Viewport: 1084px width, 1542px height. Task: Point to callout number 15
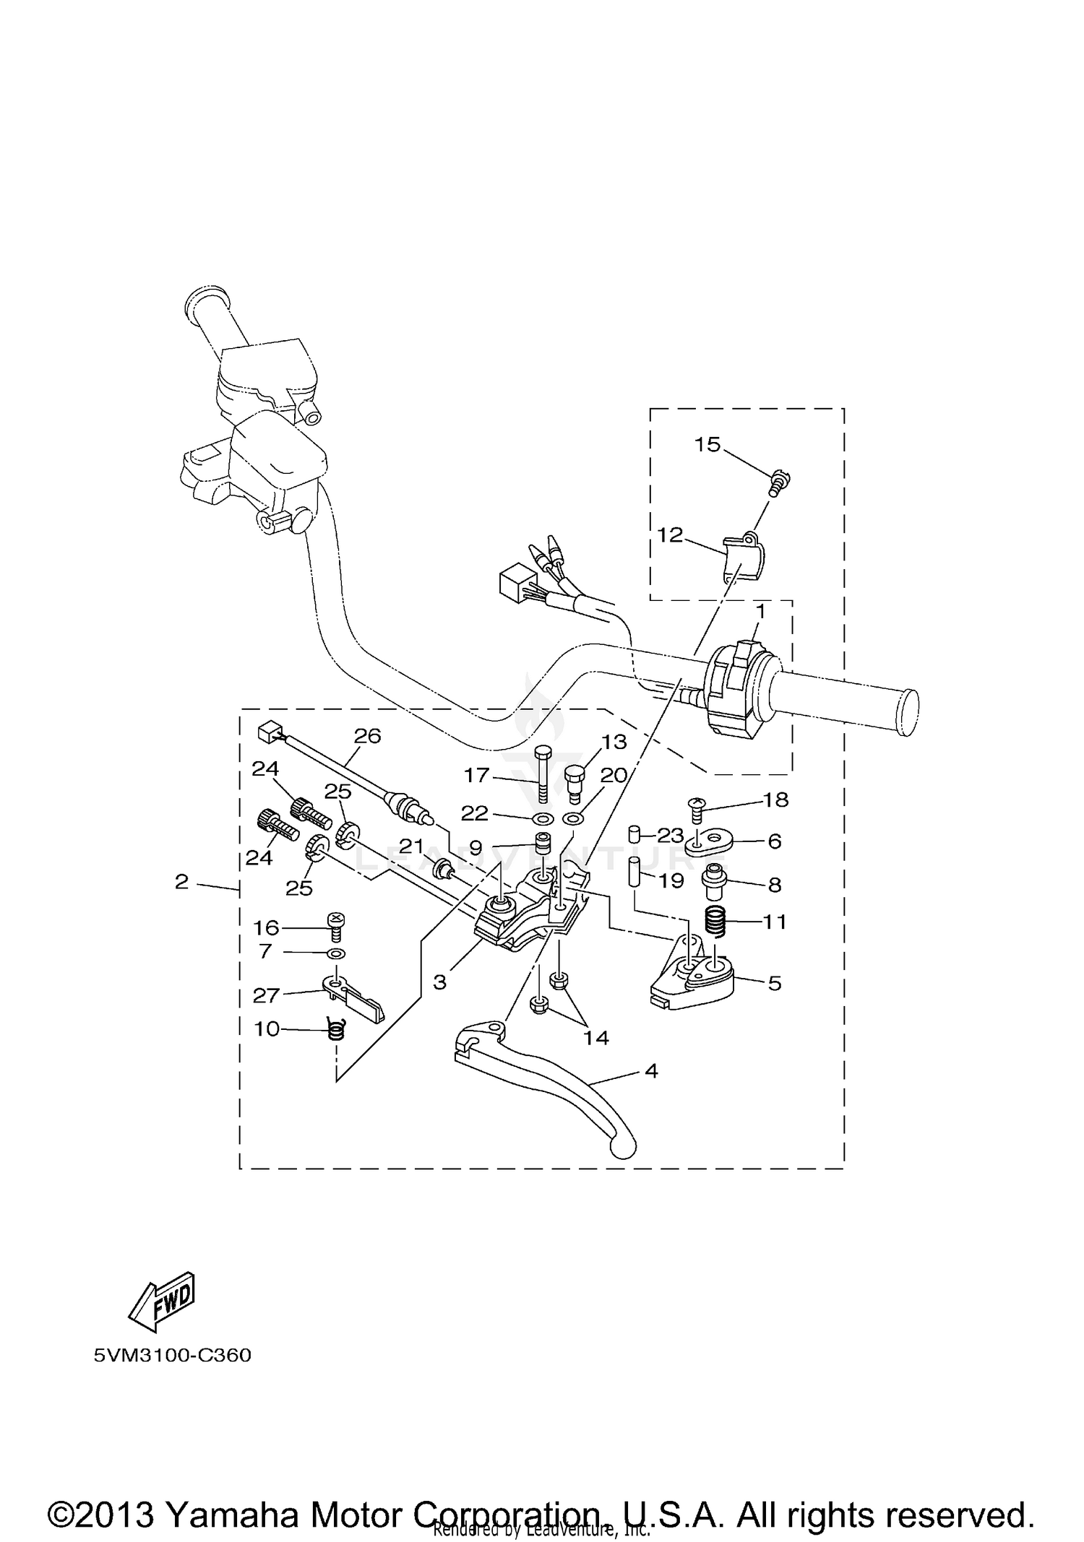pyautogui.click(x=707, y=445)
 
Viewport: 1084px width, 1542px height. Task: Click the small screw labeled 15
pyautogui.click(x=779, y=482)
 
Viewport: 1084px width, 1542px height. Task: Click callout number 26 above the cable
pyautogui.click(x=367, y=736)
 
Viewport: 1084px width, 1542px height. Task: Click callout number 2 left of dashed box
pyautogui.click(x=181, y=881)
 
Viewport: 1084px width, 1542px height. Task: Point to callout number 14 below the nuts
pyautogui.click(x=597, y=1039)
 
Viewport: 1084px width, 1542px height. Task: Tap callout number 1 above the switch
pyautogui.click(x=760, y=612)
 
